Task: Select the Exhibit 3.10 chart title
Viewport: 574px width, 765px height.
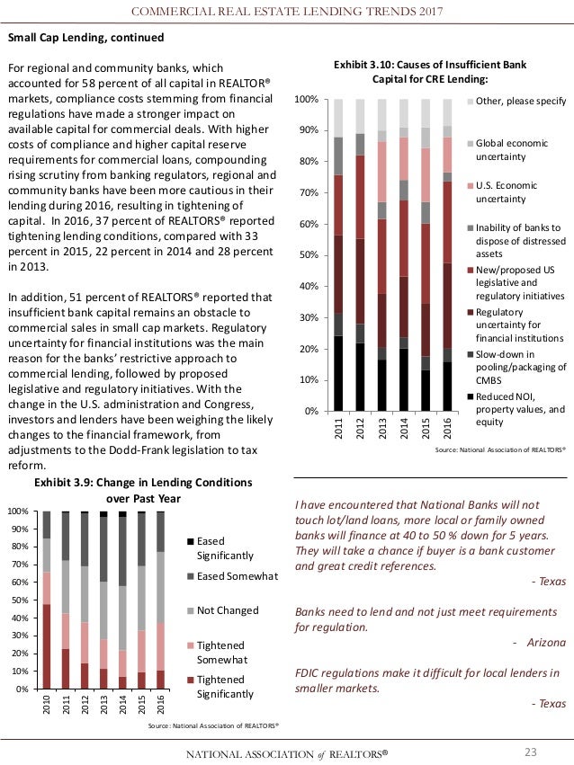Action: [x=429, y=71]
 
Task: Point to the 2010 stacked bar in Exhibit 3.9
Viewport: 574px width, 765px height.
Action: [x=47, y=600]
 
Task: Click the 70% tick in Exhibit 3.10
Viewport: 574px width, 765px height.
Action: [x=307, y=192]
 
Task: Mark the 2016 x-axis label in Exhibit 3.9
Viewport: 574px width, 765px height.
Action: [x=160, y=707]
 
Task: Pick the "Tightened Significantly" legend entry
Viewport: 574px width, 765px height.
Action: [x=225, y=686]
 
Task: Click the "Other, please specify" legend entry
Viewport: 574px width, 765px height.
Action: [x=520, y=101]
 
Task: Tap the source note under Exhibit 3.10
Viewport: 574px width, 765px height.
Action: [x=499, y=447]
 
